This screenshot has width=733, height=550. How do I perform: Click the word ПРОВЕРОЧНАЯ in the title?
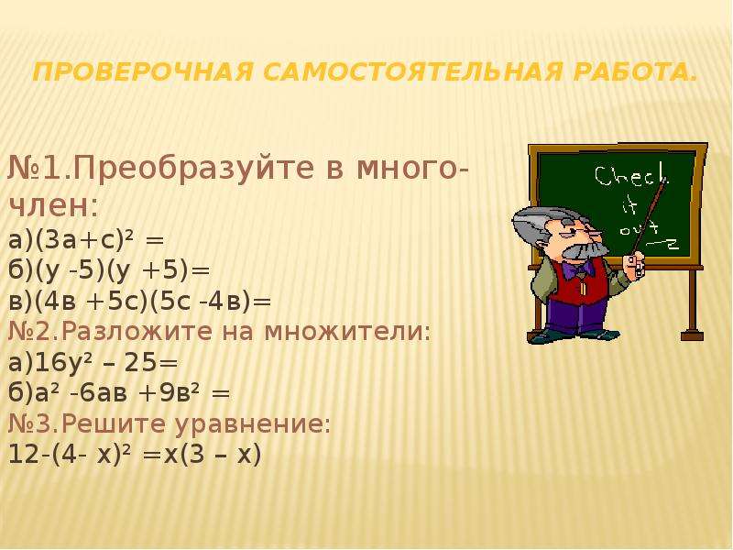144,72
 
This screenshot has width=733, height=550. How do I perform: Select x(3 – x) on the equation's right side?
212,455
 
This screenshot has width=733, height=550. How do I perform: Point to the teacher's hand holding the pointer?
636,265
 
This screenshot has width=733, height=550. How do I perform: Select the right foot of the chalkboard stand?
692,335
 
